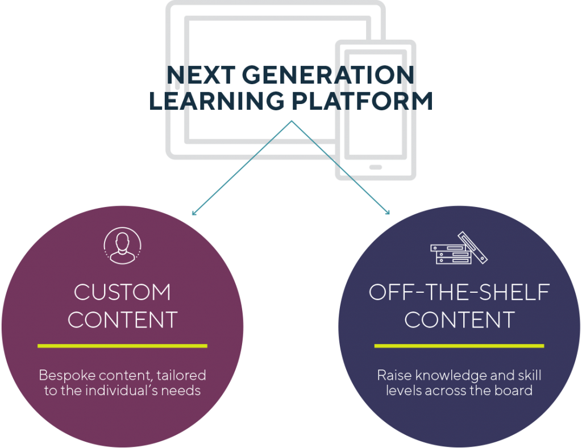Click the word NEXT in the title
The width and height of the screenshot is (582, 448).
pyautogui.click(x=201, y=75)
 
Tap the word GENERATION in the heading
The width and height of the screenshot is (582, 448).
pyautogui.click(x=328, y=75)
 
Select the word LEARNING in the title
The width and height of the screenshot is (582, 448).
pyautogui.click(x=217, y=101)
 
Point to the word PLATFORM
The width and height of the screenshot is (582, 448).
pyautogui.click(x=362, y=101)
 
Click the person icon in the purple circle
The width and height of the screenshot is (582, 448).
pyautogui.click(x=123, y=246)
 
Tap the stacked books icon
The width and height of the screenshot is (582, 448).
pyautogui.click(x=459, y=248)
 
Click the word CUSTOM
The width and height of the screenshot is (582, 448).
pyautogui.click(x=123, y=292)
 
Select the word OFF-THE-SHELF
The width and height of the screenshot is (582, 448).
pyautogui.click(x=459, y=292)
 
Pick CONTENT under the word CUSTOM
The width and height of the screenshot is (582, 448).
pyautogui.click(x=123, y=320)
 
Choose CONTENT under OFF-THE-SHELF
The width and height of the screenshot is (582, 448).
pyautogui.click(x=459, y=320)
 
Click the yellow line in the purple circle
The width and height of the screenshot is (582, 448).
pyautogui.click(x=123, y=346)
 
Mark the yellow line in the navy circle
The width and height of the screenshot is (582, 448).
pyautogui.click(x=459, y=346)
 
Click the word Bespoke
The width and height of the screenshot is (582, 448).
pyautogui.click(x=67, y=376)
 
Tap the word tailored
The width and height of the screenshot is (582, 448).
pyautogui.click(x=181, y=375)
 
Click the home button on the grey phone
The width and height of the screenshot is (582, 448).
pyautogui.click(x=376, y=167)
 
